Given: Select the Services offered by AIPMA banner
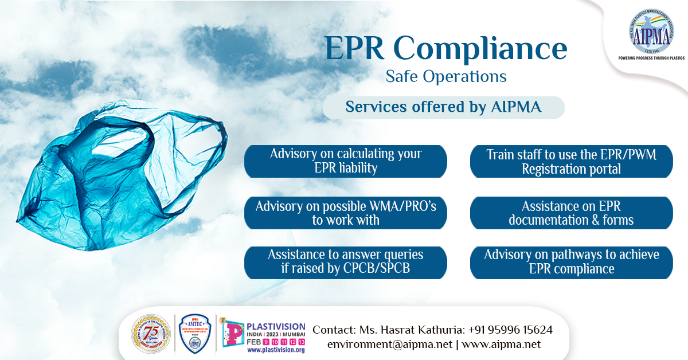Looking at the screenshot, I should point(443,107).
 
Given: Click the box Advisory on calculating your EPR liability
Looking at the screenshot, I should point(346,161).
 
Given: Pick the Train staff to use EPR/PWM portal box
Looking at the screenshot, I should point(571,161).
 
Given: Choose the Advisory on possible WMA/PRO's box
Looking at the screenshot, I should point(346,213).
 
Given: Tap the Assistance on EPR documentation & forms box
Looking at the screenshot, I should point(571,213).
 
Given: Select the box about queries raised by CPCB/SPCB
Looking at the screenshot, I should point(346,262).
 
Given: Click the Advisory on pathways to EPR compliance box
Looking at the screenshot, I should point(571,262).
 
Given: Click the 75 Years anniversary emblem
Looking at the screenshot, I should point(151,334).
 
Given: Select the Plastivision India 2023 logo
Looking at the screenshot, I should point(264,330).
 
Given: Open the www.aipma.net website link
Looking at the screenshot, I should point(501,345).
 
